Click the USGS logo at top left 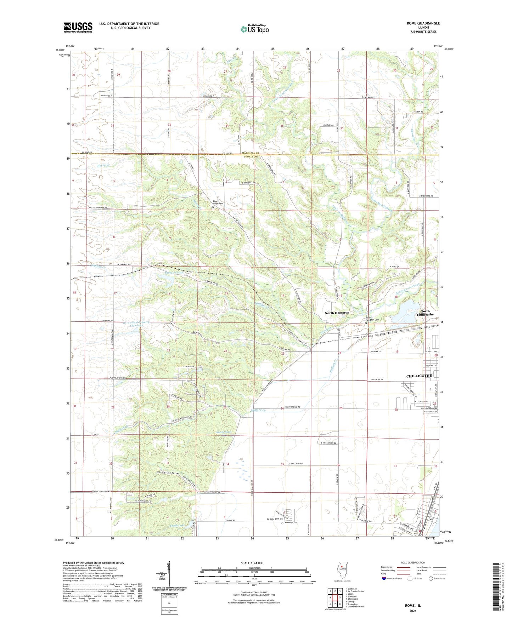[x=78, y=27]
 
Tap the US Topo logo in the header [x=254, y=29]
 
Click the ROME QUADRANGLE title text [x=423, y=23]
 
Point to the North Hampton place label [x=337, y=313]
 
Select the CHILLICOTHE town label [x=419, y=376]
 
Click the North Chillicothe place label [x=425, y=313]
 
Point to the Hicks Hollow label [x=168, y=473]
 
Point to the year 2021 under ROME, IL [x=412, y=611]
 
